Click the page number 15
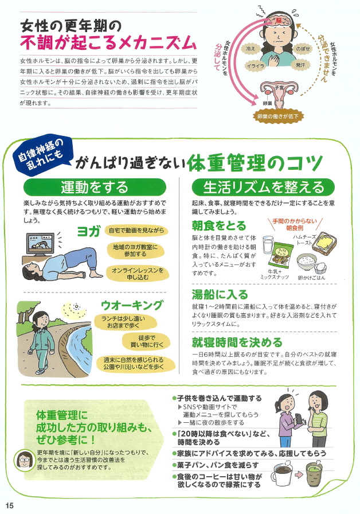pyautogui.click(x=10, y=505)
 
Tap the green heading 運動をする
pyautogui.click(x=95, y=187)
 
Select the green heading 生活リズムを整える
pyautogui.click(x=263, y=187)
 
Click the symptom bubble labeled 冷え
pyautogui.click(x=251, y=49)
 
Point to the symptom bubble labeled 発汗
pyautogui.click(x=300, y=65)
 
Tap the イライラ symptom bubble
pyautogui.click(x=256, y=65)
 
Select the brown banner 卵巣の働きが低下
pyautogui.click(x=278, y=116)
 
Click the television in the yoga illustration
pyautogui.click(x=40, y=244)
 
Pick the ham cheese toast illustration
pyautogui.click(x=324, y=243)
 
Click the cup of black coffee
pyautogui.click(x=283, y=474)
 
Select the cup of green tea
pyautogui.click(x=314, y=474)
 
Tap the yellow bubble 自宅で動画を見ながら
pyautogui.click(x=136, y=231)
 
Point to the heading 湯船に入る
pyautogui.click(x=220, y=294)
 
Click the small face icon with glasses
pyautogui.click(x=24, y=460)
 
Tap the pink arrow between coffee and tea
pyautogui.click(x=299, y=474)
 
